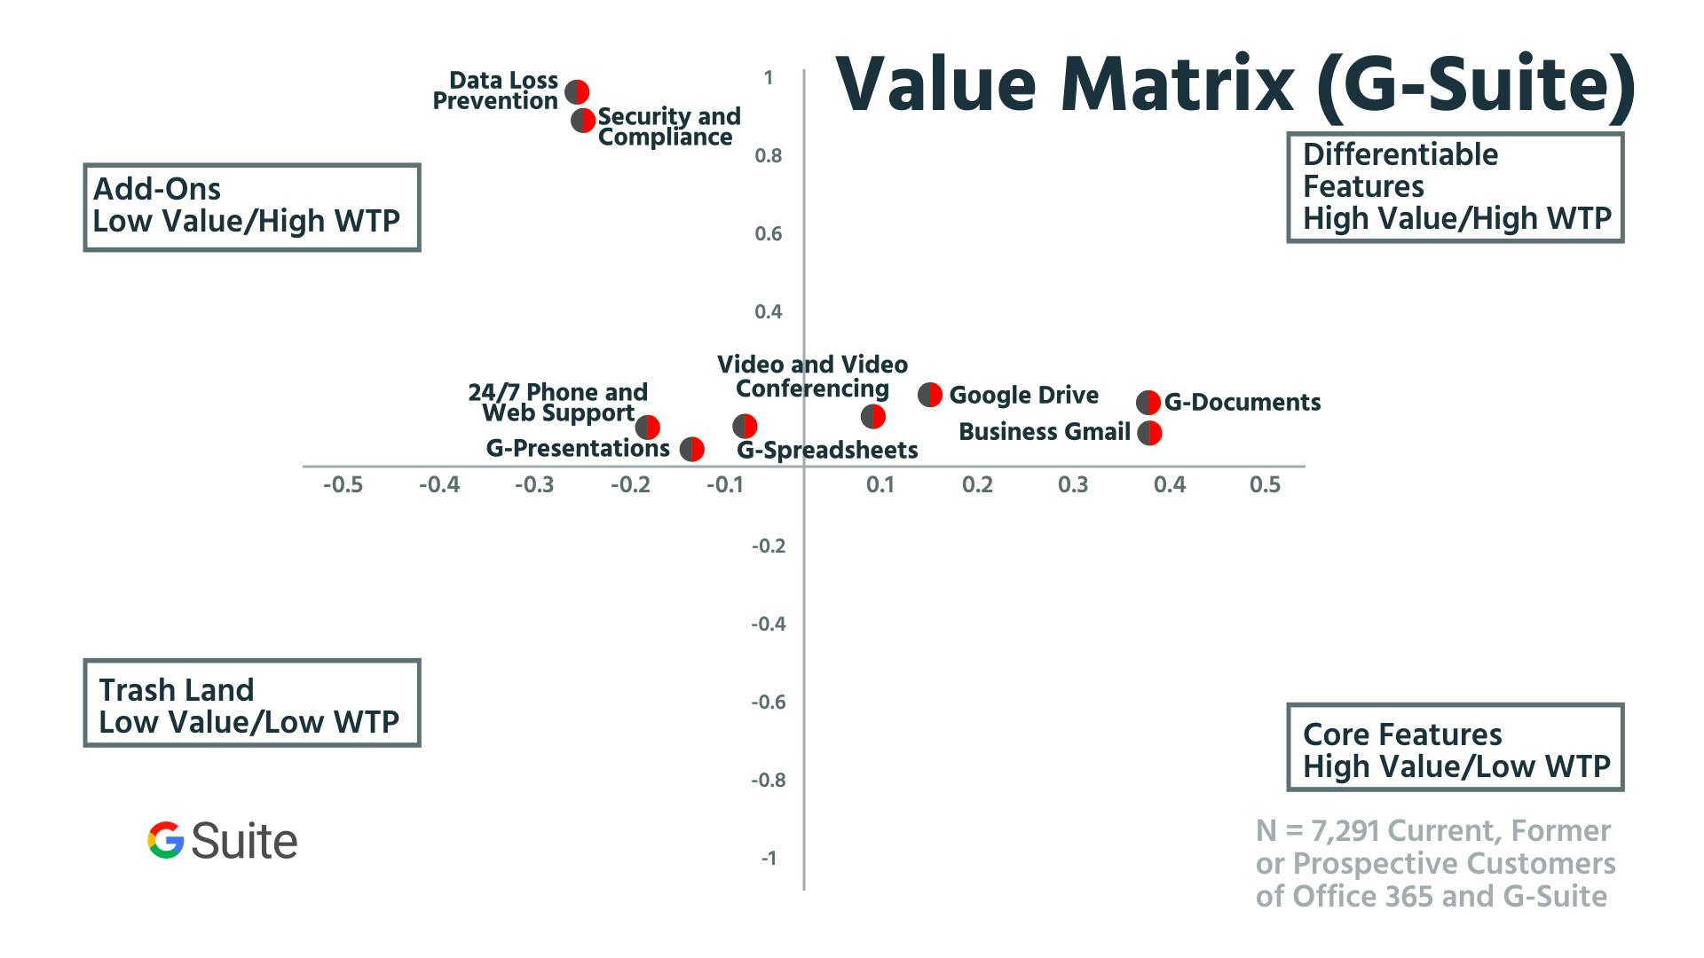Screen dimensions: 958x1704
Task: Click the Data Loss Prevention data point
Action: tap(577, 91)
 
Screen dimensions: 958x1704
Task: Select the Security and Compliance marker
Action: tap(583, 121)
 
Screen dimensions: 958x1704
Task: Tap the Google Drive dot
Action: tap(930, 395)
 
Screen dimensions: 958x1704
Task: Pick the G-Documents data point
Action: tap(1148, 403)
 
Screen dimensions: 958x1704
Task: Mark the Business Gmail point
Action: tap(1149, 433)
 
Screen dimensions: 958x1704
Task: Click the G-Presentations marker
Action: tap(692, 449)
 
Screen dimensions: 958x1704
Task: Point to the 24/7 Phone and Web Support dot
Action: tap(648, 427)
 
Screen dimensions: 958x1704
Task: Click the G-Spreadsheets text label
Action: tap(827, 451)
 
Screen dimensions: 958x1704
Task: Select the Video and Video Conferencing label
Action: tap(812, 377)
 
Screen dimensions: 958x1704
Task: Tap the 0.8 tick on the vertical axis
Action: tap(769, 156)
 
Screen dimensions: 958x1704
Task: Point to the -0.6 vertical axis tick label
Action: tap(769, 703)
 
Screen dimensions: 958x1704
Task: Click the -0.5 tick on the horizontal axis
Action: tap(343, 485)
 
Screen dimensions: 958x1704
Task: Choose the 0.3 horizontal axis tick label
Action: tap(1073, 485)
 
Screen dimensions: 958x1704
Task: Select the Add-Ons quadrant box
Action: tap(251, 207)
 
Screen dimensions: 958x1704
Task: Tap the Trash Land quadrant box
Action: tap(251, 703)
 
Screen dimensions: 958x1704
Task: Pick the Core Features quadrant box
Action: tap(1455, 747)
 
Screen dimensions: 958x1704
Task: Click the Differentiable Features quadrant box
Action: tap(1455, 187)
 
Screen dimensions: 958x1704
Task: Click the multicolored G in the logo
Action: tap(166, 840)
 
